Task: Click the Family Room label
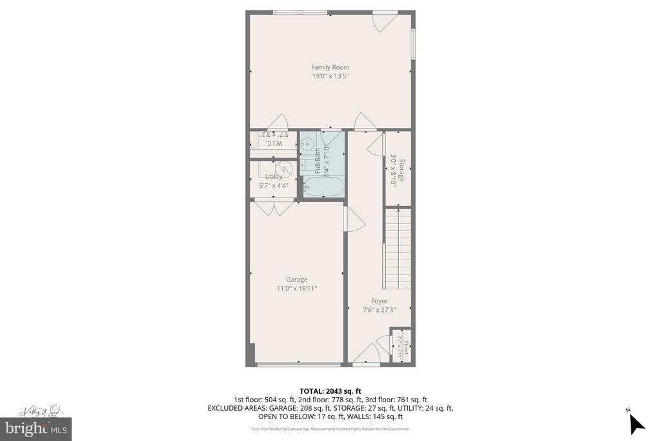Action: click(330, 67)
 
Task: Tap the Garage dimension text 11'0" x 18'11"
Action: click(297, 289)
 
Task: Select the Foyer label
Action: click(380, 301)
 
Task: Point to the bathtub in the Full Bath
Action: click(323, 187)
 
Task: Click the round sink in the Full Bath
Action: click(309, 144)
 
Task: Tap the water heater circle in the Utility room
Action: click(284, 169)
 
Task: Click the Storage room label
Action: click(402, 170)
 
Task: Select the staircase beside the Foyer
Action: click(398, 249)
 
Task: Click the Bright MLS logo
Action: click(36, 428)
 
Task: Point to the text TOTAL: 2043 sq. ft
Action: click(330, 391)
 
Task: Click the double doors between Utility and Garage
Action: click(274, 207)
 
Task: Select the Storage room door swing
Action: click(376, 145)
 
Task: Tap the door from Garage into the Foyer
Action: click(354, 220)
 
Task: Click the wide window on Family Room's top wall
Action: click(300, 12)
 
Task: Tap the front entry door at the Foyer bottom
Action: click(367, 355)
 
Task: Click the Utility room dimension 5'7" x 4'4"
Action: click(274, 185)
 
